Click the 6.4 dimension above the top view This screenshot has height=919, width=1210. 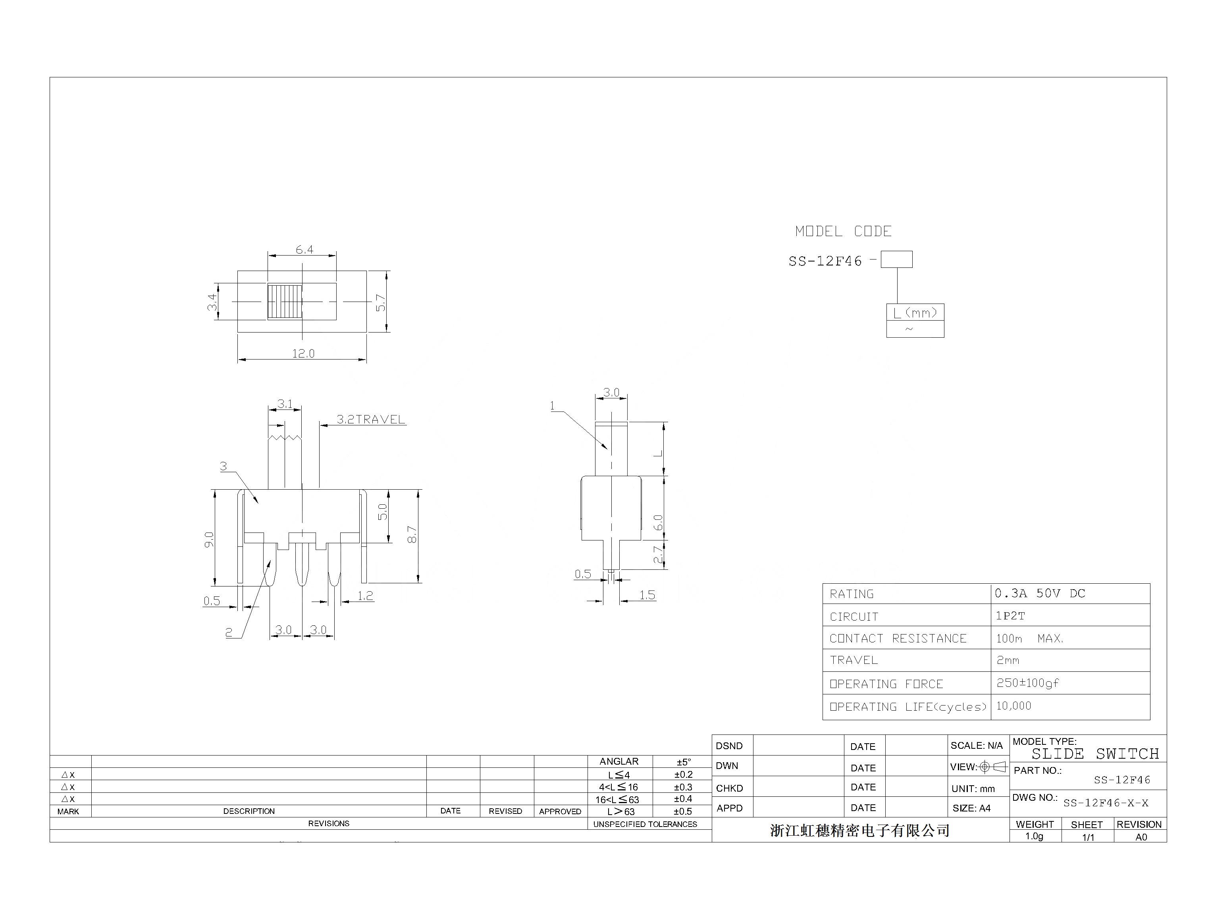coord(304,250)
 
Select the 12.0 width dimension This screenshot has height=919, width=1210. coord(303,354)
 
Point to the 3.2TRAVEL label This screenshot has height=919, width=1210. coord(370,419)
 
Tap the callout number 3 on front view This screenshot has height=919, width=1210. coord(223,467)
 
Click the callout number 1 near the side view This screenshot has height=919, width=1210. coord(552,406)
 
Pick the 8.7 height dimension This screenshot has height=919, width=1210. coord(412,534)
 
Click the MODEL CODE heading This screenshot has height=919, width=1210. coord(843,231)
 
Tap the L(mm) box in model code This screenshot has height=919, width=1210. coord(915,313)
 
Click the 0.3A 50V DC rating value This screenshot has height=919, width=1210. coord(1039,594)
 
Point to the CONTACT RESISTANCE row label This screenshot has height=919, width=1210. coord(898,638)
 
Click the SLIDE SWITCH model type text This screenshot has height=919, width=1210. coord(1095,754)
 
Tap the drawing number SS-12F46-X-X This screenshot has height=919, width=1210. coord(1106,803)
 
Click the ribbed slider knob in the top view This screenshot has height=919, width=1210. coord(285,302)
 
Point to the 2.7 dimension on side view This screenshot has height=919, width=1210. coord(658,555)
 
